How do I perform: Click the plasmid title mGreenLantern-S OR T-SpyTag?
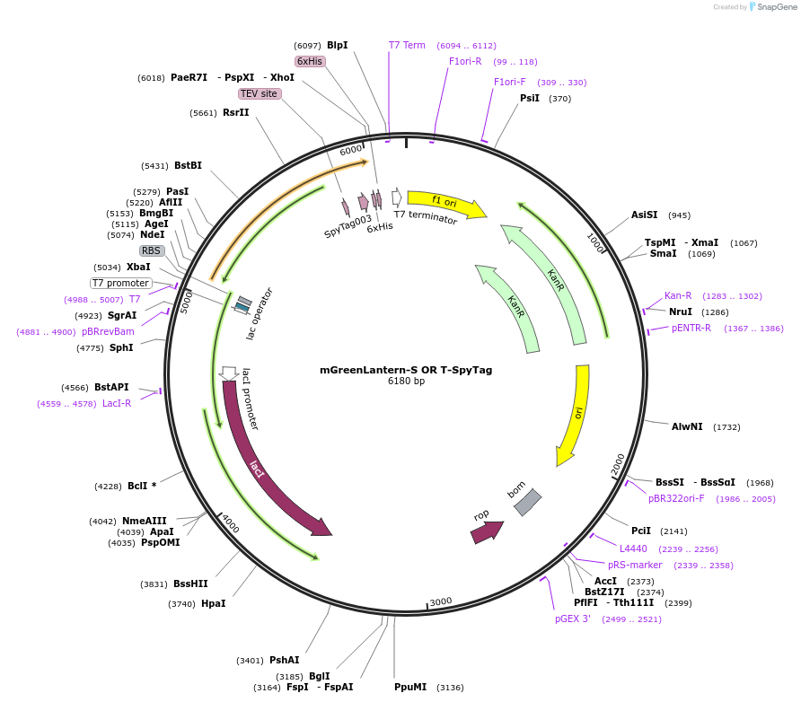tap(406, 370)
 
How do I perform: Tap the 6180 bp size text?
tap(406, 382)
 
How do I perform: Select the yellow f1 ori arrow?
tap(445, 204)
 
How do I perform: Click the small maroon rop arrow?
tap(486, 531)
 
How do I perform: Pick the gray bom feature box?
tap(527, 502)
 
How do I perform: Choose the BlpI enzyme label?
tap(337, 45)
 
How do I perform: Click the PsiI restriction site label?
tap(530, 98)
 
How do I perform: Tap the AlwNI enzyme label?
tap(687, 426)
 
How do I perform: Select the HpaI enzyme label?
tap(213, 603)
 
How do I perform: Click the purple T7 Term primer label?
tap(407, 45)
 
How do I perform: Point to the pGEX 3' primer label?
tap(573, 619)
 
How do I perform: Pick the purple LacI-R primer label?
tap(117, 403)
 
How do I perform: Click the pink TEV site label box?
tap(260, 93)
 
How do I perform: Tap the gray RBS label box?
tap(152, 250)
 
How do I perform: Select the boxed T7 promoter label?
tap(121, 283)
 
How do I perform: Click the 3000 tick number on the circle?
tap(440, 601)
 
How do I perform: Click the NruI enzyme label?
tap(680, 312)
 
